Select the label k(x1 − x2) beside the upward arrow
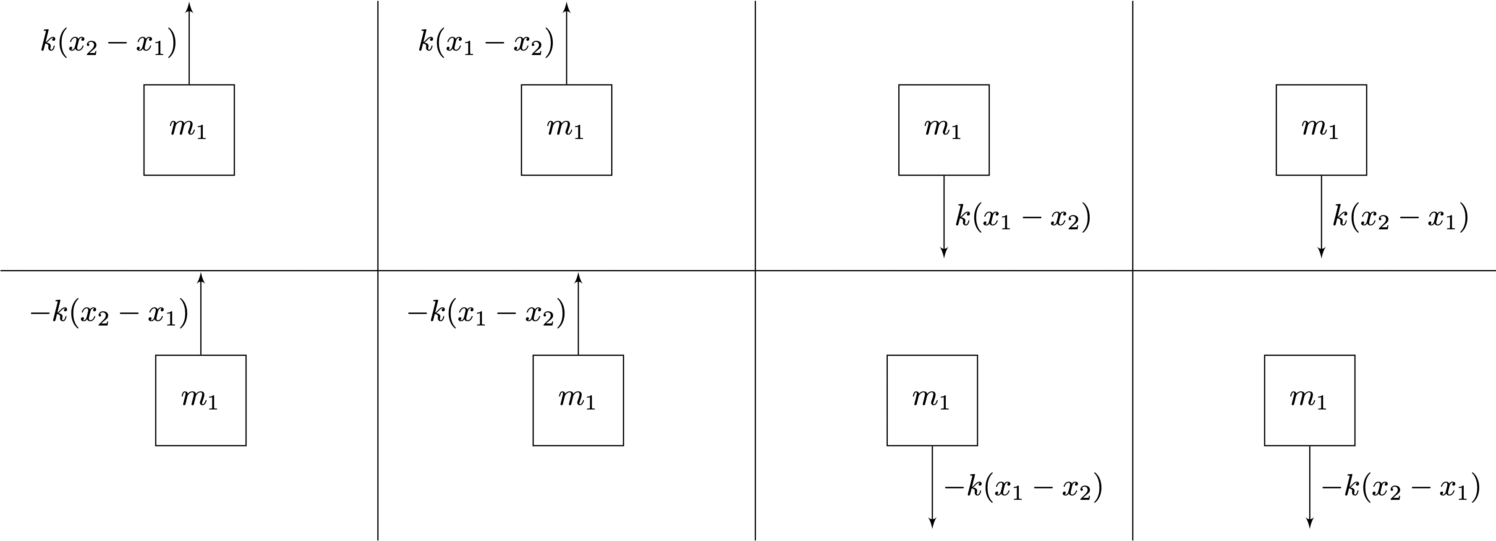(486, 43)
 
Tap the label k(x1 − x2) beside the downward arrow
(1023, 217)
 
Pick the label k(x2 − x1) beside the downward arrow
(1400, 217)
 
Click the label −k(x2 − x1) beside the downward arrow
(1401, 487)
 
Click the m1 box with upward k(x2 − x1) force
(189, 130)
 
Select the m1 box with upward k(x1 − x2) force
(567, 130)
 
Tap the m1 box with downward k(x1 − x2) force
(944, 130)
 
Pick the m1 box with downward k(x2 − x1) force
(1321, 130)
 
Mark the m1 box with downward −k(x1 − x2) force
(932, 400)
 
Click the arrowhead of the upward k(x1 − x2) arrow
(567, 7)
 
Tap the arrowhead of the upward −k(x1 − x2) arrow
(578, 278)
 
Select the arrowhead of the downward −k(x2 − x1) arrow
(1310, 523)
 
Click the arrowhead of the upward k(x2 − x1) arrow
(189, 7)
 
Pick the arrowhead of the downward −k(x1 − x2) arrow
(932, 523)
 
